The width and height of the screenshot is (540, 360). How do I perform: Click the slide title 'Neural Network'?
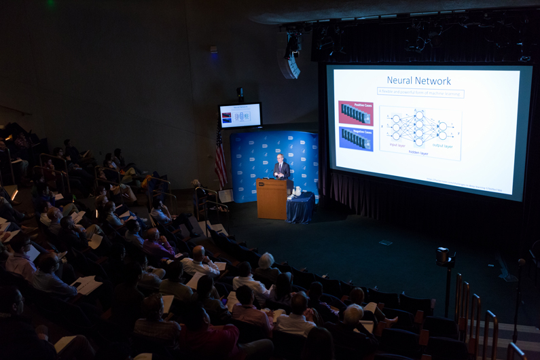tap(418, 80)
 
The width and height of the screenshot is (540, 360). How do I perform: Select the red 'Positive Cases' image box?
tap(356, 113)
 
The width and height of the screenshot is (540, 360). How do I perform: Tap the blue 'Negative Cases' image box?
tap(356, 139)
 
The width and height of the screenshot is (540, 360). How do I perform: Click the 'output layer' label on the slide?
tap(442, 145)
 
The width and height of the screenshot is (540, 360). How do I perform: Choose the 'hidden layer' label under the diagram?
tap(418, 153)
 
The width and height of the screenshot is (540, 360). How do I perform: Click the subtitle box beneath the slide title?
tap(420, 92)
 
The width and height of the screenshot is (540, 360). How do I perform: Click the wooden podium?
tap(272, 198)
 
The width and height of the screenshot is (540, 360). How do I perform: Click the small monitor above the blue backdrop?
tap(240, 115)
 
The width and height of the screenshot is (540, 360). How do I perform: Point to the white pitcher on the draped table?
tap(298, 192)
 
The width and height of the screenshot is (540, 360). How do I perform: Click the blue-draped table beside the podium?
tap(300, 208)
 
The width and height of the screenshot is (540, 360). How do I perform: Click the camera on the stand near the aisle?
tap(443, 256)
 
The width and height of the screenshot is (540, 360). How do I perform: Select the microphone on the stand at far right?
tap(521, 262)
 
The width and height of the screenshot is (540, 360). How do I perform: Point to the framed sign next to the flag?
tap(226, 196)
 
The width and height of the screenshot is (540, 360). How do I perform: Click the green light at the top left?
tap(50, 3)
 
